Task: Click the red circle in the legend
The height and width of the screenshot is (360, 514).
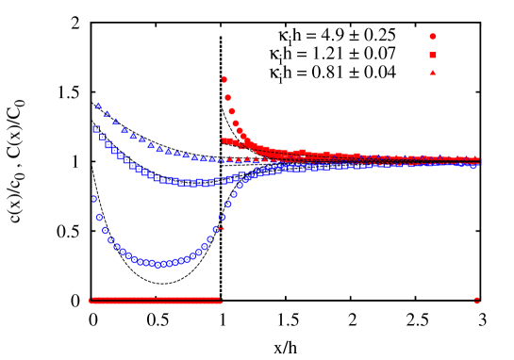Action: click(x=433, y=37)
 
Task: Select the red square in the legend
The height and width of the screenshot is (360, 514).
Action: click(x=433, y=55)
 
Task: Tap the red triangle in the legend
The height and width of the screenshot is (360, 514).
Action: click(x=433, y=73)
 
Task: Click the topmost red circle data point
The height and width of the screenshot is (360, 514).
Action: click(x=224, y=80)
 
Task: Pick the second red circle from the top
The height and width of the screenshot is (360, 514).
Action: click(x=227, y=97)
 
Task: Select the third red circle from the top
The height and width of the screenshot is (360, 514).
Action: click(x=230, y=110)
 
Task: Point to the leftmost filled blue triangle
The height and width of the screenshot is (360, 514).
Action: click(x=98, y=106)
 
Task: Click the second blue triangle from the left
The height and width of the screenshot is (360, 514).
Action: click(x=107, y=114)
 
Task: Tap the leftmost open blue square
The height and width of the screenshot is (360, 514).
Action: click(x=95, y=129)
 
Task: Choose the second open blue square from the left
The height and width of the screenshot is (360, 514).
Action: click(x=102, y=137)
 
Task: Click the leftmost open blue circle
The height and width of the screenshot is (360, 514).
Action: click(x=94, y=199)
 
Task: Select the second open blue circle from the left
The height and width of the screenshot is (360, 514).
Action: click(x=99, y=217)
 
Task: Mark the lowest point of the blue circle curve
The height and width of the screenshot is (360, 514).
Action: click(x=158, y=265)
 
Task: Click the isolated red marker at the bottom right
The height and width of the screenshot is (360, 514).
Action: click(x=476, y=301)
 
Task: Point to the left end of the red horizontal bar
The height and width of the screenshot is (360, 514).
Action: click(x=91, y=301)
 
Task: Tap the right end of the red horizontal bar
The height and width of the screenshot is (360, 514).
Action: click(x=221, y=301)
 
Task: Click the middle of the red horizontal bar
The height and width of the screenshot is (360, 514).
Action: click(x=156, y=301)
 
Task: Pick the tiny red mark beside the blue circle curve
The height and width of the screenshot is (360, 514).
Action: click(x=221, y=227)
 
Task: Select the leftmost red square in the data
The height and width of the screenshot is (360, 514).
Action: click(x=224, y=140)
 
